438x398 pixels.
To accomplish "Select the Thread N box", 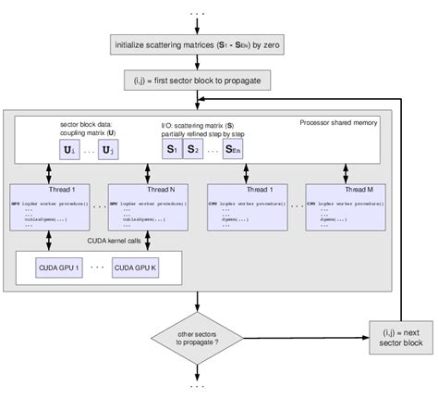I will [148, 207].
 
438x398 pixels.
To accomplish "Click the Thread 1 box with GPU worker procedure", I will [47, 207].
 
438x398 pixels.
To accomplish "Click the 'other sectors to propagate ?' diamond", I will [199, 335].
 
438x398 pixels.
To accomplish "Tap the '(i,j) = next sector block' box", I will [400, 335].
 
